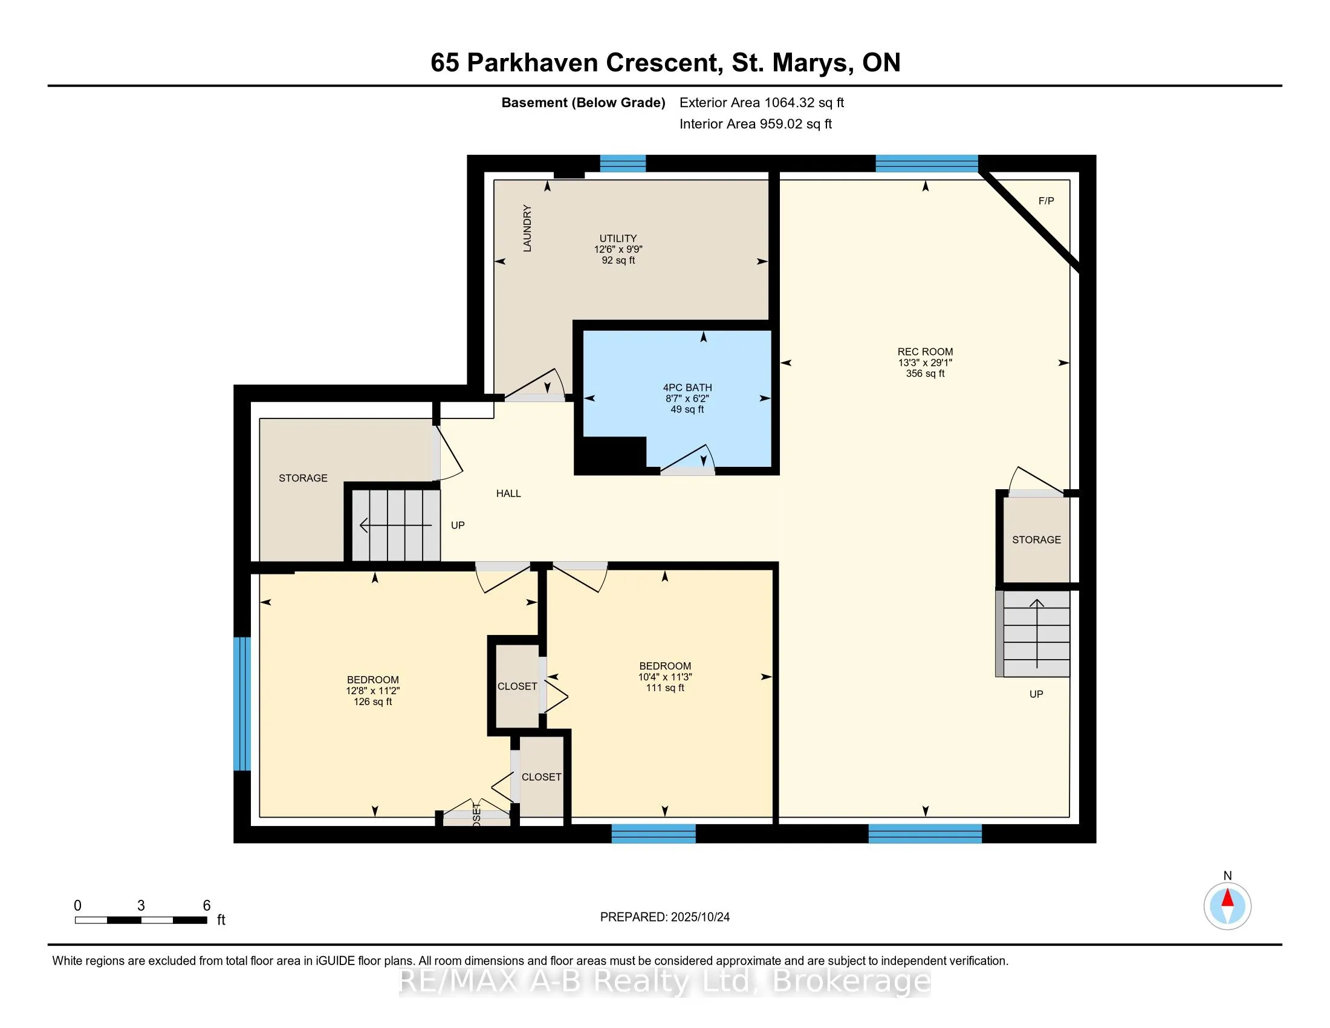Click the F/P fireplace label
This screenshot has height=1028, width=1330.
click(1046, 201)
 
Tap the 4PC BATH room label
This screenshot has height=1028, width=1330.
click(687, 388)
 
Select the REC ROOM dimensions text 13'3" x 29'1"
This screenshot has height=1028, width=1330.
click(924, 363)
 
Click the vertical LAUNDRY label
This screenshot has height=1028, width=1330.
click(527, 228)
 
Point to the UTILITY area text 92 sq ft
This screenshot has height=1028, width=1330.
click(618, 261)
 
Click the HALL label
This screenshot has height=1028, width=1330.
click(508, 494)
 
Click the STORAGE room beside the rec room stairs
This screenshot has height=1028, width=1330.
click(1036, 540)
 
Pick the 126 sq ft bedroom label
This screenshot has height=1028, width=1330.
click(372, 702)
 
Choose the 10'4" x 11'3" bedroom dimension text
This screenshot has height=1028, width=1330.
click(664, 677)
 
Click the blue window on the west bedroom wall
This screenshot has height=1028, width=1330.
click(242, 703)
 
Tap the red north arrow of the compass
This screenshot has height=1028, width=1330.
click(1227, 898)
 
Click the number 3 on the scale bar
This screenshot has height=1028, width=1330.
click(141, 906)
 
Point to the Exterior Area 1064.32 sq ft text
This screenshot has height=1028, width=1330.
click(761, 103)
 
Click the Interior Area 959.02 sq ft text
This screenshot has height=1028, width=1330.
click(755, 124)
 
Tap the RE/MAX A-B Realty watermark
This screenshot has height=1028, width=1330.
click(664, 981)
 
